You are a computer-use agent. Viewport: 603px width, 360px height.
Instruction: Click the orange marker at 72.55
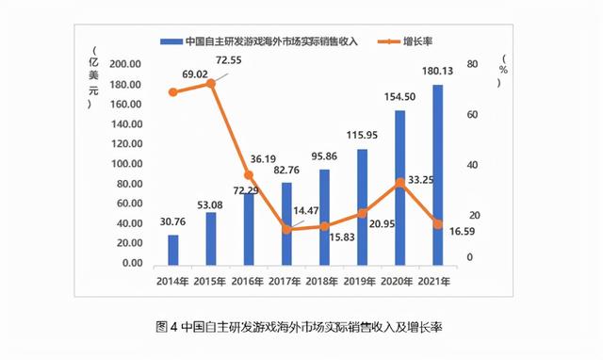point(211,84)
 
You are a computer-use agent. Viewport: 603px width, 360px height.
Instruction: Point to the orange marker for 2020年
point(399,182)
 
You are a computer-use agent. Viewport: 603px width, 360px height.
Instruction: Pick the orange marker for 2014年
point(173,92)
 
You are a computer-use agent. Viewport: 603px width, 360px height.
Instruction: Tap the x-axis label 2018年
point(324,279)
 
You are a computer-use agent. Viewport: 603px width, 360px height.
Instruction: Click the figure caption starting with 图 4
point(299,327)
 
